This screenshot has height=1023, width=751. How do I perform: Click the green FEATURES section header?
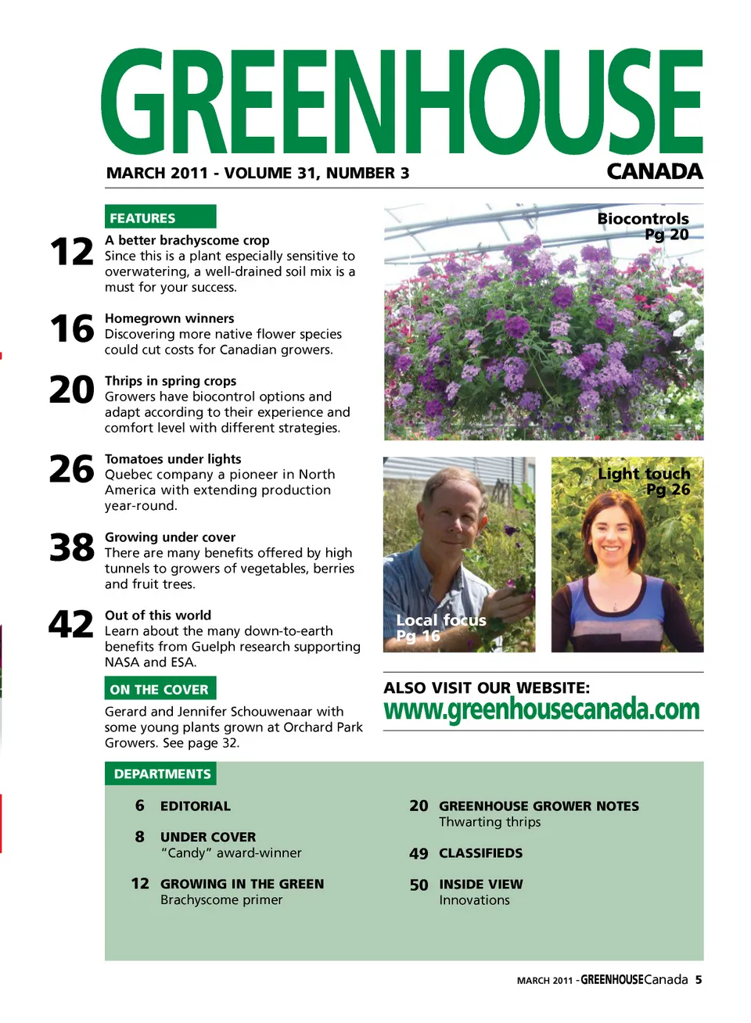coord(160,217)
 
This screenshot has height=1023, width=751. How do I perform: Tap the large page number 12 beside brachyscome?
coord(71,252)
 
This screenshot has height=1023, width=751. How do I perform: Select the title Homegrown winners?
coord(169,318)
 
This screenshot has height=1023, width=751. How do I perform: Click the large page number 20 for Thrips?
coord(71,389)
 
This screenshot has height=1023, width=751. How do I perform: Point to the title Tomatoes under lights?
coord(173,459)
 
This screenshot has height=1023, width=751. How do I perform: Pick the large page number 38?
coord(71,547)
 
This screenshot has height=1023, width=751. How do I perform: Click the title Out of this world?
coord(158,616)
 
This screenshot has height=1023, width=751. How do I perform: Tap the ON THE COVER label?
coord(160,689)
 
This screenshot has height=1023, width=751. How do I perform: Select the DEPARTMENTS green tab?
coord(161,774)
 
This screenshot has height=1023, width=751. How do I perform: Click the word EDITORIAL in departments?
coord(195,806)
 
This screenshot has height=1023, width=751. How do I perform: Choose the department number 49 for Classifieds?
coord(419,854)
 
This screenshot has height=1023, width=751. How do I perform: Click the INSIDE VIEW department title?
coord(480,885)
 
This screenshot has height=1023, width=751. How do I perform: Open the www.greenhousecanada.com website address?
coord(541,709)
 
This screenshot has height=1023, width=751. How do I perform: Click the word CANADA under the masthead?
coord(654,171)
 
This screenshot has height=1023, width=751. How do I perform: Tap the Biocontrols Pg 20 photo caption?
coord(644,226)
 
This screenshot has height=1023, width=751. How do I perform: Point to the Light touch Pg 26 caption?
coord(645,481)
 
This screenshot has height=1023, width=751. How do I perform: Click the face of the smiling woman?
coord(613,531)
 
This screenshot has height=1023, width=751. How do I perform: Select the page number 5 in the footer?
coord(699,979)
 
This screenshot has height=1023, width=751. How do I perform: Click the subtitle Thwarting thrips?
coord(490,822)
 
